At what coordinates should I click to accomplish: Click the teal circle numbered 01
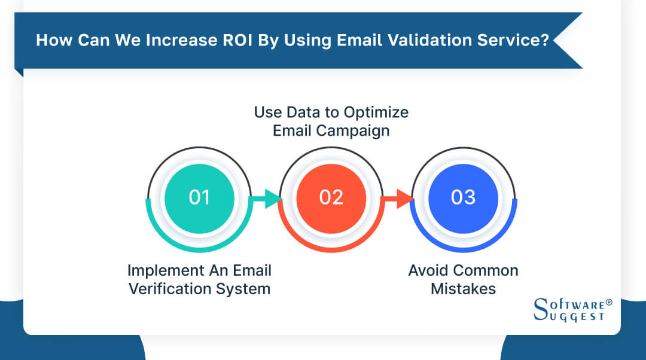(x=199, y=197)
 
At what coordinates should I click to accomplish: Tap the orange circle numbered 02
(x=331, y=197)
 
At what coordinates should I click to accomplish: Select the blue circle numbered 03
(x=463, y=197)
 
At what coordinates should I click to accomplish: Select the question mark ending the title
(x=544, y=41)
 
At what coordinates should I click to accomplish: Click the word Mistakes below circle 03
(x=463, y=289)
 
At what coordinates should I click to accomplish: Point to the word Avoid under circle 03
(x=428, y=270)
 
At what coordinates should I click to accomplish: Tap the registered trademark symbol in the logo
(x=609, y=303)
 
